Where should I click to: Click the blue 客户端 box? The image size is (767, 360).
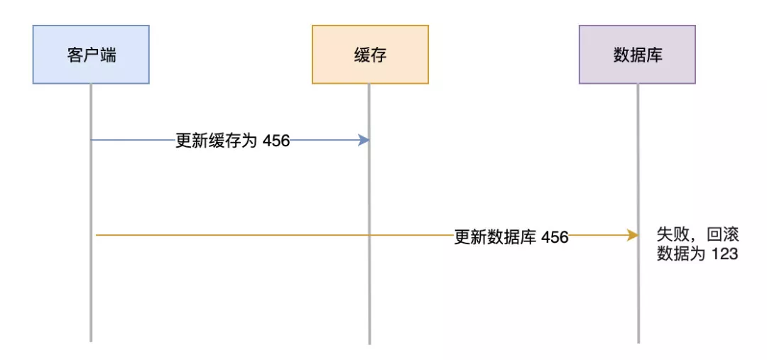[x=91, y=55]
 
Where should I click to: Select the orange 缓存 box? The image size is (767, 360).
[x=370, y=55]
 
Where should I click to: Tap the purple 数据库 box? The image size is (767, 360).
[x=637, y=55]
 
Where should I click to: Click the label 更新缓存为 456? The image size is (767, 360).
[x=233, y=141]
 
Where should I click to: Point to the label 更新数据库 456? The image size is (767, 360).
[x=511, y=237]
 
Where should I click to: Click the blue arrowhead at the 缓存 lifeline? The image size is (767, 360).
[x=364, y=141]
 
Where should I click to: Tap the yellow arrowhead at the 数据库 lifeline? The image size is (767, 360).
[x=632, y=235]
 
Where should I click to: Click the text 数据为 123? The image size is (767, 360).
[x=697, y=254]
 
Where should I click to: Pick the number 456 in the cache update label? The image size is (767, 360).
[x=276, y=141]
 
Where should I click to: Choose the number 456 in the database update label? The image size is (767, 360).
[x=555, y=237]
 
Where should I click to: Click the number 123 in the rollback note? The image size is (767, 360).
[x=725, y=254]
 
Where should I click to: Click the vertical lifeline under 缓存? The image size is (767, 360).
[x=369, y=298]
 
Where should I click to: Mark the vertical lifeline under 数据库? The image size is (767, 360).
[x=638, y=298]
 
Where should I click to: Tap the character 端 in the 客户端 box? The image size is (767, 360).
[x=108, y=55]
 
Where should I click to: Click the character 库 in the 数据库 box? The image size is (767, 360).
[x=654, y=55]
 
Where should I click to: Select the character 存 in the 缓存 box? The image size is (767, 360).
[x=379, y=55]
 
